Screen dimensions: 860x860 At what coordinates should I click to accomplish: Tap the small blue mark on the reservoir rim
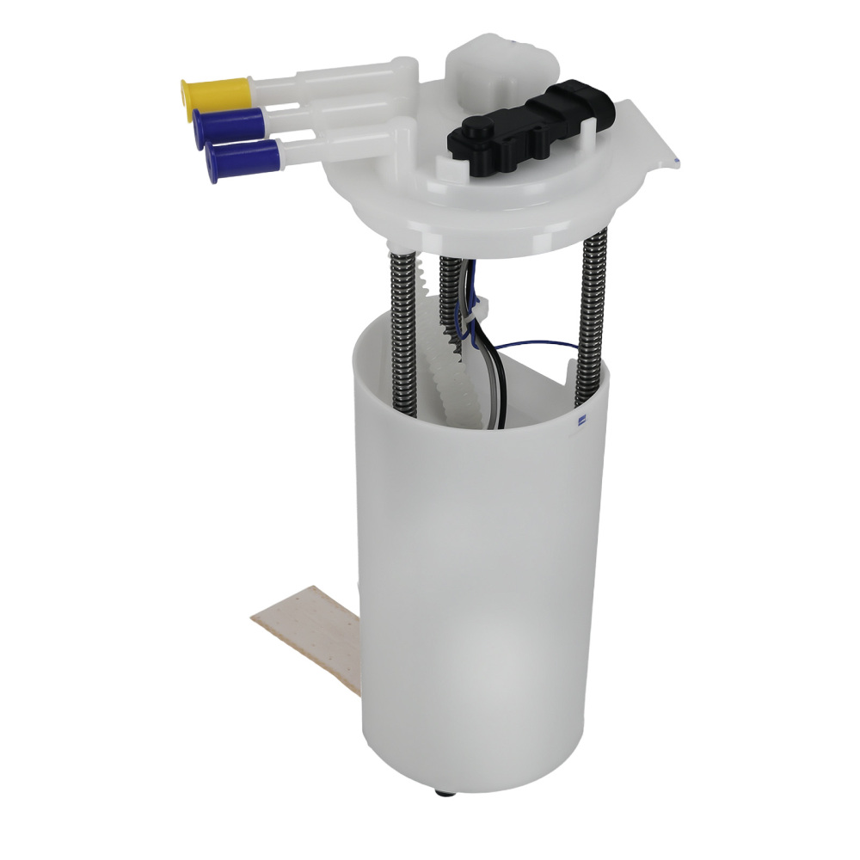click(x=582, y=421)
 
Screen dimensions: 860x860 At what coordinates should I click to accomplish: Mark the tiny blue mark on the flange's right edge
click(x=678, y=161)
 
